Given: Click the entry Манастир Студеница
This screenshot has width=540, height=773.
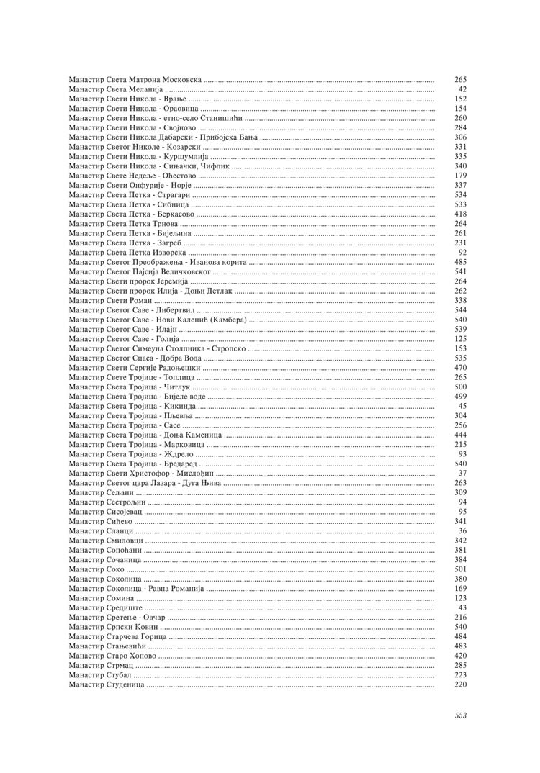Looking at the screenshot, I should [107, 684].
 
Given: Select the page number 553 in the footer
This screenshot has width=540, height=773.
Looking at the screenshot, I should [461, 715].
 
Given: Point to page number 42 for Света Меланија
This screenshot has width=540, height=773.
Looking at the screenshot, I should [462, 89].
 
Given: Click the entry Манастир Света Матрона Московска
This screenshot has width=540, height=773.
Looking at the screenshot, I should [135, 79].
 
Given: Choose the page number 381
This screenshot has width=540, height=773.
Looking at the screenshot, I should [461, 550].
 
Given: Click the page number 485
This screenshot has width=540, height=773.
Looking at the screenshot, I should [461, 262].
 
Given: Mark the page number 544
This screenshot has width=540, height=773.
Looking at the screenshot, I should [461, 310].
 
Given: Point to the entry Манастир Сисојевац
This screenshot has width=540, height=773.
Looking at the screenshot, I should [106, 511].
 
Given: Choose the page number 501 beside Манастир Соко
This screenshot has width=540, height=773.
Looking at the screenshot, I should [461, 569].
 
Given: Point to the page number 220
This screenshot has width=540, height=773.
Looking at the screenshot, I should [461, 684].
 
